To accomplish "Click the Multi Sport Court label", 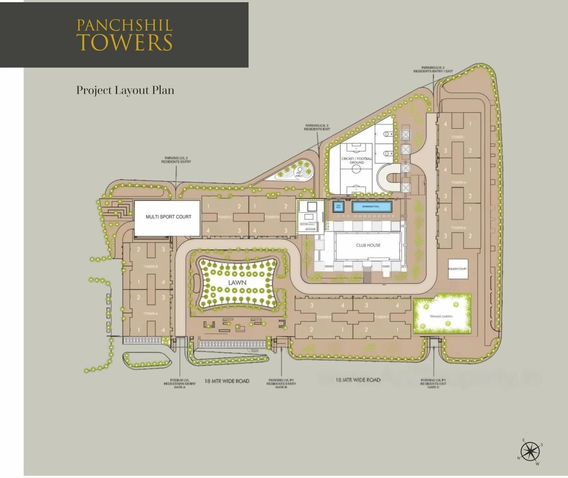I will pos(168,217).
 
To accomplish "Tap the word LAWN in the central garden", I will pos(237,283).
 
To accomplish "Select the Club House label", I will pos(368,245).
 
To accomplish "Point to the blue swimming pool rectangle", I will pos(371,207).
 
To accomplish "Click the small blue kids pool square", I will pos(338,207).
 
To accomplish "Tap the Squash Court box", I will pos(458,269).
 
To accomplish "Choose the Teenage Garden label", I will pos(441,316).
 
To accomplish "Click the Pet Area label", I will pos(299,174).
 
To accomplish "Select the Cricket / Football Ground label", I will pos(356,160).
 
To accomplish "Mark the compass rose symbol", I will pos(530,452).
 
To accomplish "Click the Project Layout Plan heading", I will pos(125,90).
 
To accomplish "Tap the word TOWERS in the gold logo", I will pos(124,43).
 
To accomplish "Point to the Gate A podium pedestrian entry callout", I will pos(180,383).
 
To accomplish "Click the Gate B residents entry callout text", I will pos(281,383).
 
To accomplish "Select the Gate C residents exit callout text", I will pos(433,383).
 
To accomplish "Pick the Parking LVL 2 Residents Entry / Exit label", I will pos(433,70).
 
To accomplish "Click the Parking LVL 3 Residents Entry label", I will pos(176,160).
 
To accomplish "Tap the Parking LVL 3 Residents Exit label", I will pos(317,127).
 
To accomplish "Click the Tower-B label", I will pos(150,267).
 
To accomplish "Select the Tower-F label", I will pos(381,317).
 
